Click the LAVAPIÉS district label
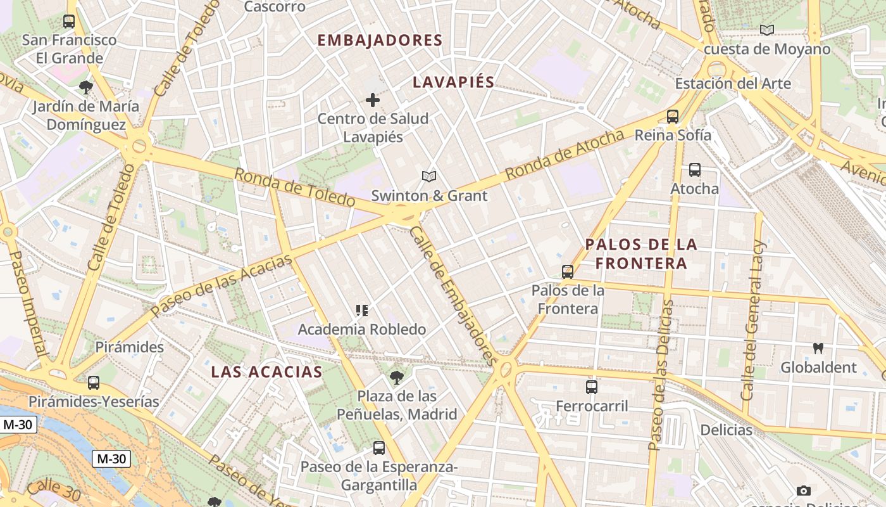click(x=453, y=82)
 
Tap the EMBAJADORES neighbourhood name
click(x=380, y=41)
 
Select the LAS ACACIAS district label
click(x=266, y=371)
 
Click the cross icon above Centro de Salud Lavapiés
click(x=373, y=99)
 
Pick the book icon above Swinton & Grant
click(x=429, y=177)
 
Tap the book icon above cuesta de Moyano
click(x=767, y=30)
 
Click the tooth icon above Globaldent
click(x=818, y=348)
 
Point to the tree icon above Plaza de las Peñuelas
click(x=397, y=378)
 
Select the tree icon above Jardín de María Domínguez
click(x=86, y=87)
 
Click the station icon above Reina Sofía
click(x=673, y=117)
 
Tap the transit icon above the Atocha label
click(x=695, y=170)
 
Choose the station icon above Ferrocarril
click(x=592, y=387)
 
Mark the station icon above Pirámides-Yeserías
click(x=94, y=382)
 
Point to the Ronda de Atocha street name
click(x=565, y=153)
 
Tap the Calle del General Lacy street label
click(x=754, y=320)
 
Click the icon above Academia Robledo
click(x=362, y=311)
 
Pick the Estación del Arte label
click(x=733, y=83)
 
